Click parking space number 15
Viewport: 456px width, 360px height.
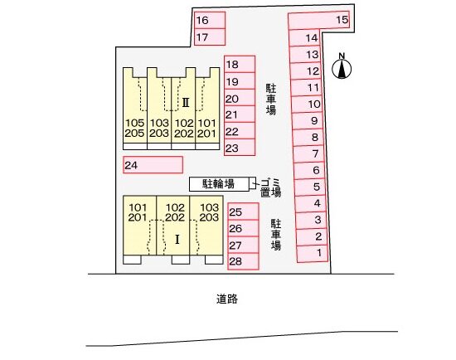pos(318,21)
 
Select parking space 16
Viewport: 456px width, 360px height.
pos(210,20)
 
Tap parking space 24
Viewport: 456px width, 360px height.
pos(153,165)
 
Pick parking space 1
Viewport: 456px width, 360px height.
pos(313,254)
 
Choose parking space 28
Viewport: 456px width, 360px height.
pos(243,261)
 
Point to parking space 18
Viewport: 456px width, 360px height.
pos(240,64)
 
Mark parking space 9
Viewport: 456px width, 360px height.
pos(308,121)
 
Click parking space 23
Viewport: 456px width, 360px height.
pos(240,148)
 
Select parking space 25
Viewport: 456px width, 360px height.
pos(243,212)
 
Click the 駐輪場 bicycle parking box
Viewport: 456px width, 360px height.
pos(219,184)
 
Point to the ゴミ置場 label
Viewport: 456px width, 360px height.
pos(270,187)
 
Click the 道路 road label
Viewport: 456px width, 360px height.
pos(227,299)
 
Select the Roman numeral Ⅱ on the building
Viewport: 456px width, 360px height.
pos(186,102)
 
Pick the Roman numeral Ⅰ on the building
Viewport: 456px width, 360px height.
pos(177,240)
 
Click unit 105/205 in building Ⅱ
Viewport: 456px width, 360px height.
pos(134,128)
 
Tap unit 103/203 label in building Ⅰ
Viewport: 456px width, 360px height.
pos(210,212)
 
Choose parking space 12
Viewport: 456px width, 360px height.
pos(305,71)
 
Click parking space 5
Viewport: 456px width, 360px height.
pos(310,187)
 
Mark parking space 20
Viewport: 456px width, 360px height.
pos(240,98)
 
